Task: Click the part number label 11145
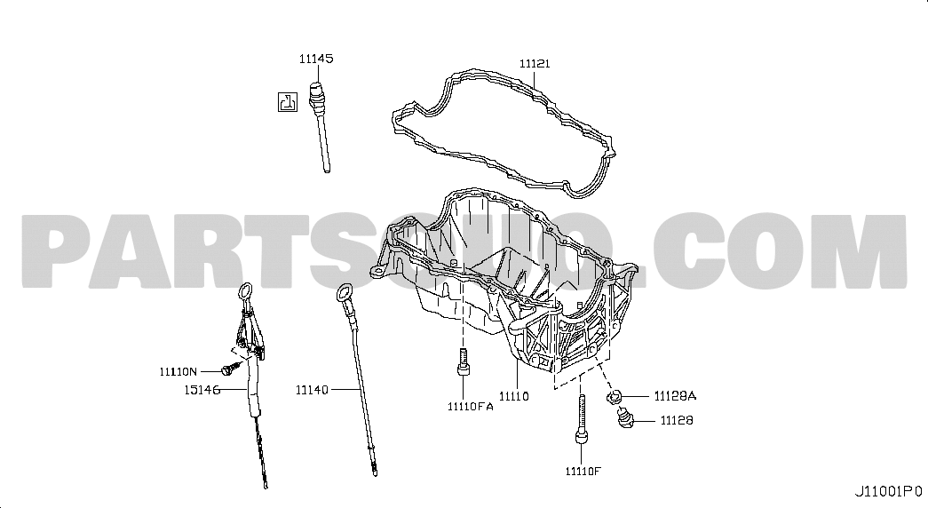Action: tap(316, 59)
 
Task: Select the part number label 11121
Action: tap(535, 63)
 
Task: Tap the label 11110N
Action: tap(178, 372)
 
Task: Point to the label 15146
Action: tap(202, 390)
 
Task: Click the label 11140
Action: tap(312, 390)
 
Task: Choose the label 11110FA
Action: tap(471, 406)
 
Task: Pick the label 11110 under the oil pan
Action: tap(513, 396)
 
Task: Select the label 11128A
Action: tap(675, 396)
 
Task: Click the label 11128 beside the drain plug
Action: tap(677, 420)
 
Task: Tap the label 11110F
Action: tap(583, 472)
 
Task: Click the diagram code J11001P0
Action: tap(888, 491)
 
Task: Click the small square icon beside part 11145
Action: tap(288, 102)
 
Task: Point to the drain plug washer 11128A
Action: tap(615, 396)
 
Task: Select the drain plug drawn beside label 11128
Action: tap(625, 420)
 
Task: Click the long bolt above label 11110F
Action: tap(582, 418)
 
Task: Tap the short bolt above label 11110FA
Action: tap(464, 361)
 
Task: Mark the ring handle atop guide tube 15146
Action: tap(245, 292)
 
